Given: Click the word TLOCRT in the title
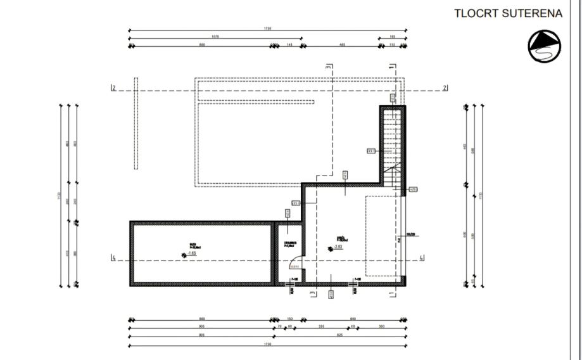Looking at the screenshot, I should (476, 13).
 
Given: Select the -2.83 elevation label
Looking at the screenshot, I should (338, 247).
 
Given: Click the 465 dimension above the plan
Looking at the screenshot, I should (342, 45).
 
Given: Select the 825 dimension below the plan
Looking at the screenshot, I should (339, 334).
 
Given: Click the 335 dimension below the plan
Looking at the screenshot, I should (322, 326).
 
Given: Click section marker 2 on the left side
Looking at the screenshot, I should (113, 88).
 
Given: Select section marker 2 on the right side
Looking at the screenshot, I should (445, 88).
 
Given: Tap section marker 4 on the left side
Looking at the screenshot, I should (113, 258).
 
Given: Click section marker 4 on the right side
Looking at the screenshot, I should (421, 258).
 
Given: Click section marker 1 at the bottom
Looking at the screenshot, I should (391, 293).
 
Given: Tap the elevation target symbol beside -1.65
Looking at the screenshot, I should (184, 255).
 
